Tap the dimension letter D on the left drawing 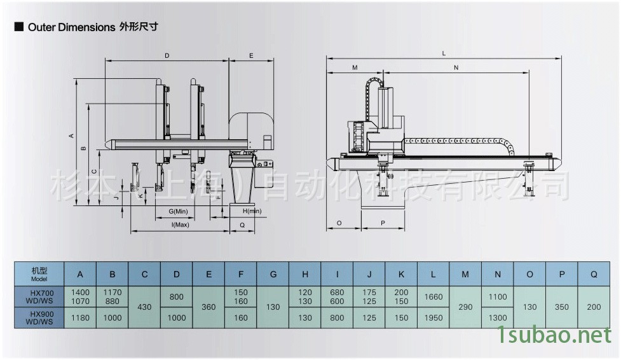click(x=167, y=57)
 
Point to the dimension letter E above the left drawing click(x=251, y=57)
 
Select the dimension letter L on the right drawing click(x=444, y=53)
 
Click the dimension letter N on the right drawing click(x=456, y=67)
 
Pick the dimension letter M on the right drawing click(x=355, y=67)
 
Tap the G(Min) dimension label click(x=178, y=211)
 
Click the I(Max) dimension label click(x=180, y=225)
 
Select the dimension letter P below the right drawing click(x=383, y=223)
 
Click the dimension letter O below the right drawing click(x=339, y=223)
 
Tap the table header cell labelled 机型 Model click(x=40, y=274)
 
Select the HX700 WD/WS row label click(x=40, y=296)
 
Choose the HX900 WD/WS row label click(x=40, y=317)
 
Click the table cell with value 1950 click(x=433, y=317)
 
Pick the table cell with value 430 click(x=144, y=307)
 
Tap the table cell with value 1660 click(x=433, y=296)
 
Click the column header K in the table click(x=401, y=274)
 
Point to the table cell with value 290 click(x=465, y=307)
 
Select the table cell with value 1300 click(x=498, y=317)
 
